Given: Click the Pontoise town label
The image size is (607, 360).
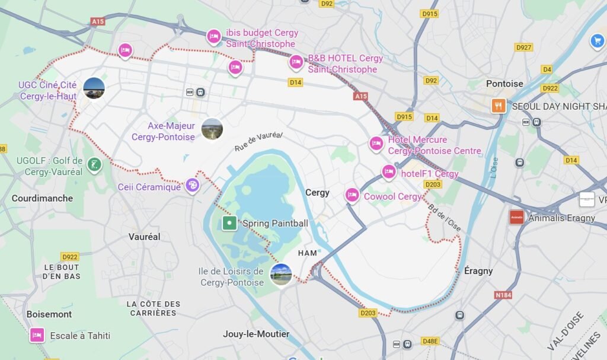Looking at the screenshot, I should [x=504, y=84].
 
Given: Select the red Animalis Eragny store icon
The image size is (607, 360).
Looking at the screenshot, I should [x=516, y=217].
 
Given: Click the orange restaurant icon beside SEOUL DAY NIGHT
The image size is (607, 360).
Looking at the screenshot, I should [x=498, y=106].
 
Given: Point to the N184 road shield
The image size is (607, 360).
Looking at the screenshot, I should [x=503, y=295].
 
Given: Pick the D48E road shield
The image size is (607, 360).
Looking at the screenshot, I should [x=430, y=341].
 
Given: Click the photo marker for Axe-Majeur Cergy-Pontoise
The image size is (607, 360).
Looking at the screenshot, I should [x=212, y=129].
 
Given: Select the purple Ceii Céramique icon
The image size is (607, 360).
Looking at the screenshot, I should [x=192, y=186].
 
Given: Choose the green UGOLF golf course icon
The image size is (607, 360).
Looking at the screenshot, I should [x=93, y=164].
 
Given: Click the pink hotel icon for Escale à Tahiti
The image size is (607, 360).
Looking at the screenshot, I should [x=37, y=335].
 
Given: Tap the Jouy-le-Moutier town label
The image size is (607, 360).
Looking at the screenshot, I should [x=256, y=334].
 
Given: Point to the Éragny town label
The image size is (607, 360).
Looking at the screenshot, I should [x=478, y=270].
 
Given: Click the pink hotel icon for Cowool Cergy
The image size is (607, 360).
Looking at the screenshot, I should [x=352, y=195].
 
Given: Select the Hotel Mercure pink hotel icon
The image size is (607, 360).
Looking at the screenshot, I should [x=376, y=144].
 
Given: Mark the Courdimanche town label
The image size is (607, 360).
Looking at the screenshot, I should [x=42, y=198].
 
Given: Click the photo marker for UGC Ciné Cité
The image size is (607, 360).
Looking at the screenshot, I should [x=94, y=88].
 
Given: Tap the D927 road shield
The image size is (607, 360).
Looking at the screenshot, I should [x=523, y=47].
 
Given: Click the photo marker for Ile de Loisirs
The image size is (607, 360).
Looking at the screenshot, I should [x=281, y=274].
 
